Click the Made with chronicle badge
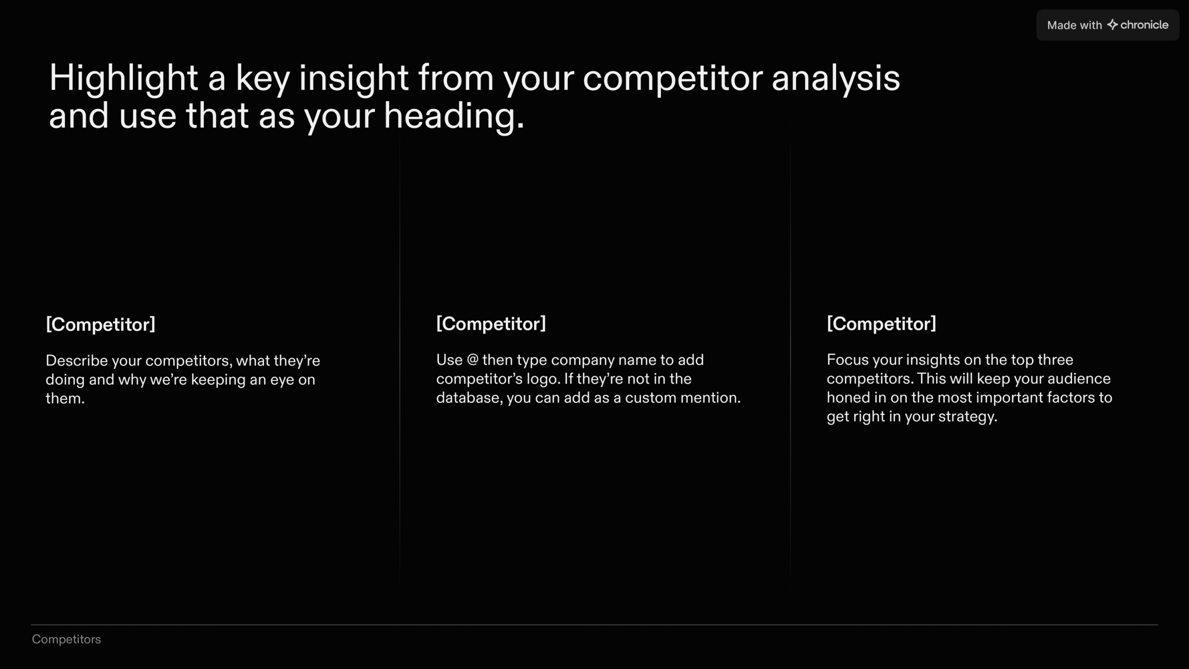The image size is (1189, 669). [x=1108, y=25]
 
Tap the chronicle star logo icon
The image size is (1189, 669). [x=1112, y=25]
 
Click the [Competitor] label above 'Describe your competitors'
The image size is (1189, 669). [x=100, y=324]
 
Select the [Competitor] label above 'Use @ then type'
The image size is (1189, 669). [x=491, y=324]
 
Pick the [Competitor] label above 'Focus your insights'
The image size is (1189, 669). [x=882, y=324]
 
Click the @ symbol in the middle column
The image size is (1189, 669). [x=472, y=360]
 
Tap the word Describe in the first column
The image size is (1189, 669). [x=77, y=361]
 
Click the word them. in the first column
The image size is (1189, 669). [x=65, y=399]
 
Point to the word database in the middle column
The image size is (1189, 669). [x=470, y=398]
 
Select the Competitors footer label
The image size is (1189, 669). [x=66, y=640]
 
